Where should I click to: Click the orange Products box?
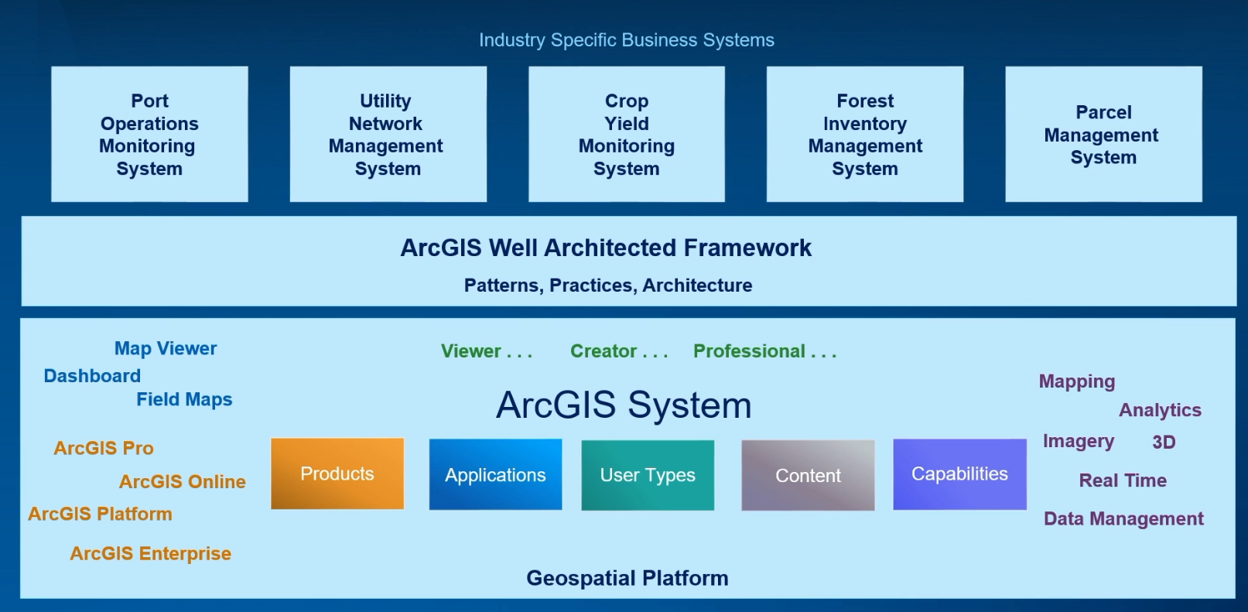pos(337,474)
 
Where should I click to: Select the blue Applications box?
pos(495,475)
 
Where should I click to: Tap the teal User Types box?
pos(648,475)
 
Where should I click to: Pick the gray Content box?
pos(808,476)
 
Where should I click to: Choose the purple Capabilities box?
pos(959,474)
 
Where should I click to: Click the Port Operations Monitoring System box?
pos(149,135)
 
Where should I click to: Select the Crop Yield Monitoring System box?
pos(627,135)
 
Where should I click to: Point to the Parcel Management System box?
pos(1103,135)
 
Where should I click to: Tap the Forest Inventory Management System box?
pos(865,135)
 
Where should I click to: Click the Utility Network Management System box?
pos(388,135)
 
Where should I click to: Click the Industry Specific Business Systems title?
pos(626,40)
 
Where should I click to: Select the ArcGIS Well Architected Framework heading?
pos(606,248)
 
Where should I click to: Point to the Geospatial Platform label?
pos(627,578)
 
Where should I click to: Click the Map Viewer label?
pos(166,349)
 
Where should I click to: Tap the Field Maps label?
pos(184,399)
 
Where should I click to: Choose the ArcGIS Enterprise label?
pos(150,553)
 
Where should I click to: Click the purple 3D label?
pos(1163,442)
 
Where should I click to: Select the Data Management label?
pos(1123,518)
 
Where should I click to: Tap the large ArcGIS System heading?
pos(624,405)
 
